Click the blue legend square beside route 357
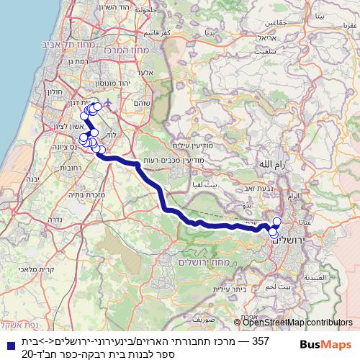click(9, 343)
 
